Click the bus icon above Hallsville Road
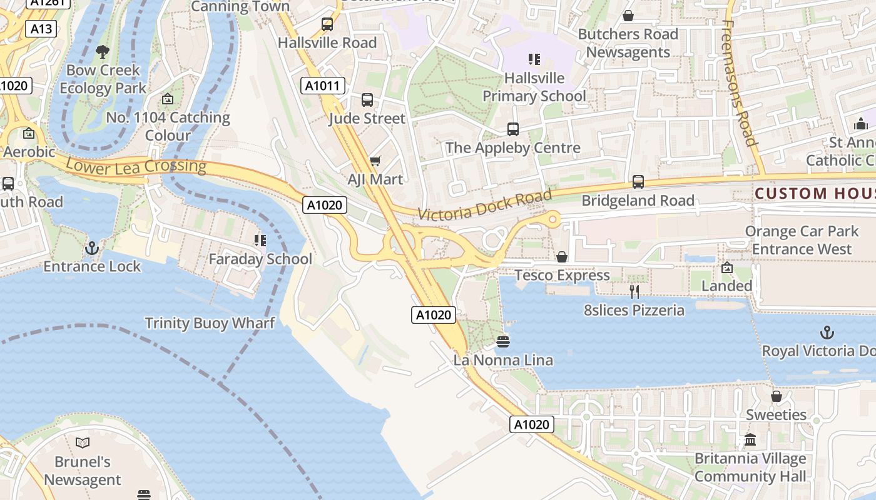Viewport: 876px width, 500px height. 327,24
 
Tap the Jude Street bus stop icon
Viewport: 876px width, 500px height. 367,100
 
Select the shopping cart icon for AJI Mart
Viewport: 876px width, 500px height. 375,161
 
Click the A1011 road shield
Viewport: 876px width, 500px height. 322,86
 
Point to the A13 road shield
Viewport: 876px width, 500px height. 41,29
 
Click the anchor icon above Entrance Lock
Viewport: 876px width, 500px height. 92,248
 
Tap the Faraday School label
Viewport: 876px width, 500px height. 260,259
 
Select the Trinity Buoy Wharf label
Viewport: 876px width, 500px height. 210,323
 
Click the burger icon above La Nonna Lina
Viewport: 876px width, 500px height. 503,341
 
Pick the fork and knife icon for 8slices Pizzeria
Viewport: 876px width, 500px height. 634,291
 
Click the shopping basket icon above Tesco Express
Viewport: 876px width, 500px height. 562,257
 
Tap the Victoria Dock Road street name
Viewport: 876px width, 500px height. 484,205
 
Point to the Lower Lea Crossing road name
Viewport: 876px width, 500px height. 136,166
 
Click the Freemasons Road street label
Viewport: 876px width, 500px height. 738,81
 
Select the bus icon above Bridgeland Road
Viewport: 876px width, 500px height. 638,182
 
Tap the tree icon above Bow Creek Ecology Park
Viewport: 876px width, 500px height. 103,52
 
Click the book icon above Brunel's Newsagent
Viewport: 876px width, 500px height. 82,443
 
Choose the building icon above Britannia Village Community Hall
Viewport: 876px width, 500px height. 750,440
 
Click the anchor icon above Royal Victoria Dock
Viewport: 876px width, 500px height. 827,332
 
